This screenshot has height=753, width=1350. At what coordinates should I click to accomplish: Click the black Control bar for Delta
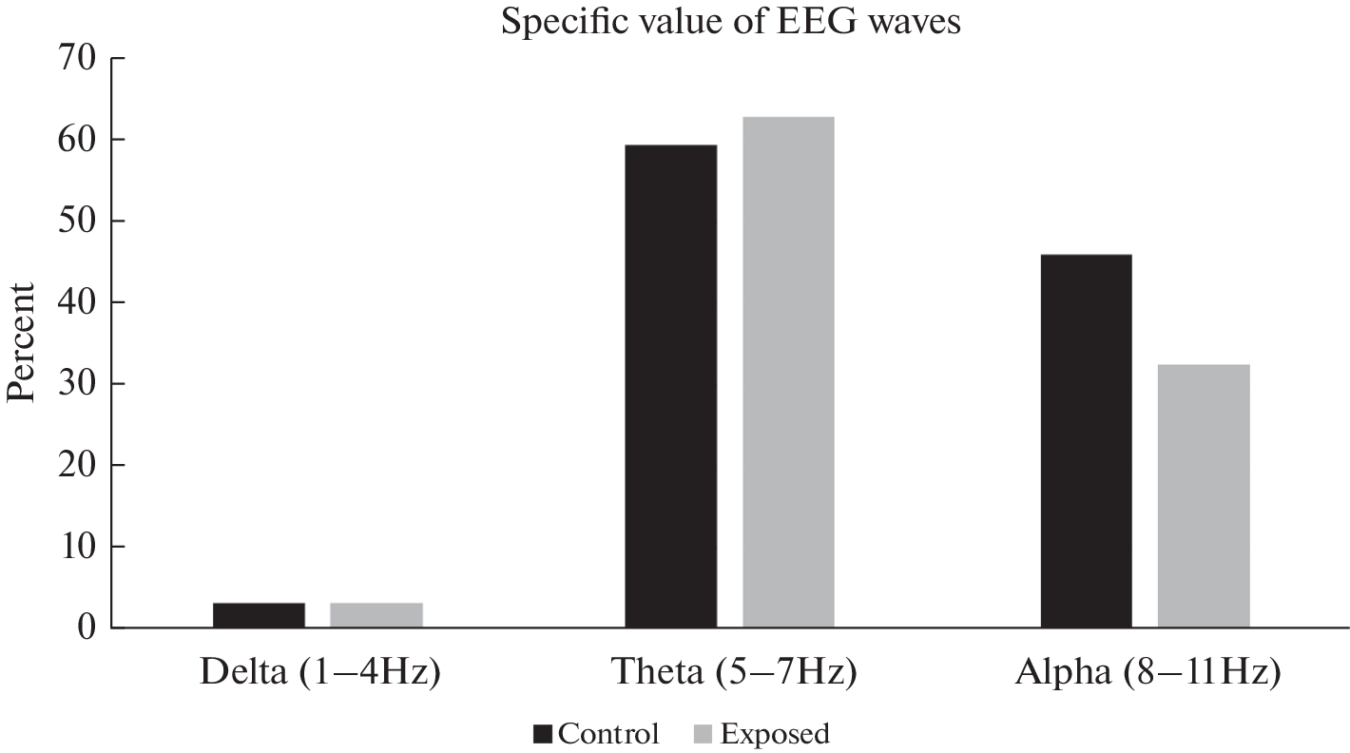259,615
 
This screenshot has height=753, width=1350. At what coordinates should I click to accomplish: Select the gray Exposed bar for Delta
376,615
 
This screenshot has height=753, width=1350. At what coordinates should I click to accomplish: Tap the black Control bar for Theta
671,386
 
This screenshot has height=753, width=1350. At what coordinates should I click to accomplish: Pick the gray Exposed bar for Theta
789,372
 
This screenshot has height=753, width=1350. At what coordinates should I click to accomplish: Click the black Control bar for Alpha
1087,440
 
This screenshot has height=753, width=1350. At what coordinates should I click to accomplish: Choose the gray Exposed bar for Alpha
1205,495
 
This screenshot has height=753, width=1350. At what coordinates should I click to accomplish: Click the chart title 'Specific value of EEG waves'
731,20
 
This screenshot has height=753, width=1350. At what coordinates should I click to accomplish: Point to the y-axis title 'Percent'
21,343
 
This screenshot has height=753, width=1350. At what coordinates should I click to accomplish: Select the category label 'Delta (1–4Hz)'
320,673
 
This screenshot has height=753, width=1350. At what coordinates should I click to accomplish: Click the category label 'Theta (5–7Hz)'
733,673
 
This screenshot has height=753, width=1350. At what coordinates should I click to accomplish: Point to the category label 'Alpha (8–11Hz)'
1147,673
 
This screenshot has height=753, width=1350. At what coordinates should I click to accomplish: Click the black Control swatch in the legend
544,734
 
